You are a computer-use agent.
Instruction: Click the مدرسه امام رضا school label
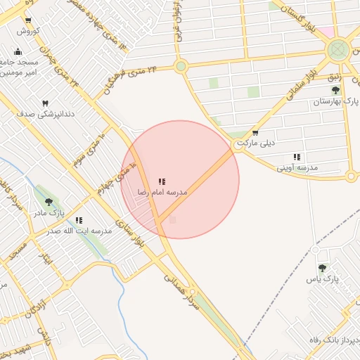click(x=162, y=192)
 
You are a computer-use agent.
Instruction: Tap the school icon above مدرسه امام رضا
click(x=162, y=181)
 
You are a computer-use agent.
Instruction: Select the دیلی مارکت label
click(x=254, y=143)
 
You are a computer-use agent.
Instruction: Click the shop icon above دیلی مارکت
click(x=255, y=132)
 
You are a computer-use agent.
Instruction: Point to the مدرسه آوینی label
click(x=297, y=168)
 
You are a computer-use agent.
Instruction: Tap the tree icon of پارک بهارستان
click(x=336, y=90)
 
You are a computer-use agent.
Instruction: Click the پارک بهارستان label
click(x=336, y=102)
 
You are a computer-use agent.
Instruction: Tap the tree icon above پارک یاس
click(x=322, y=267)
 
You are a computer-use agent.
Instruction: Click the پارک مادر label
click(x=51, y=212)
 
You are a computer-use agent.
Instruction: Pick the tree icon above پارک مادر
click(x=48, y=201)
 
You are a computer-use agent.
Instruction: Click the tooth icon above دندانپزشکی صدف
click(x=46, y=103)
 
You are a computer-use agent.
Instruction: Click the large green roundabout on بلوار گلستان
click(x=338, y=49)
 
